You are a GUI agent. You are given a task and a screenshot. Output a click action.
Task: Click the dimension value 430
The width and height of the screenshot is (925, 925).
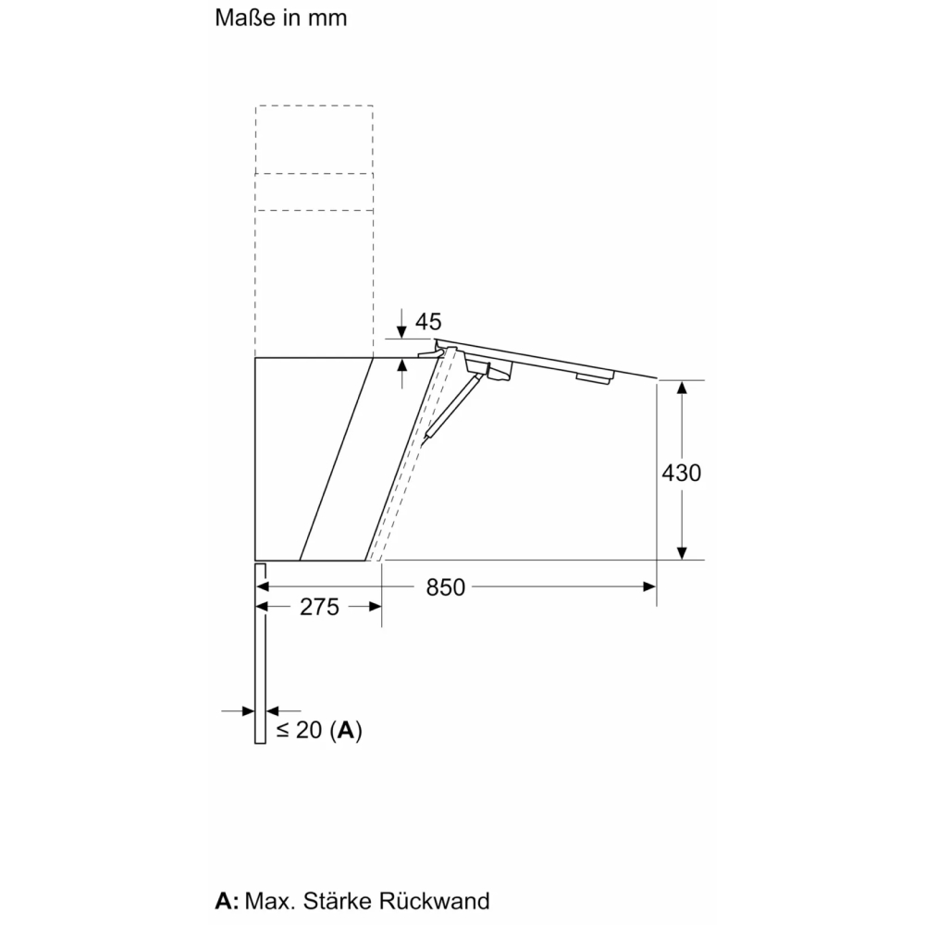tap(682, 473)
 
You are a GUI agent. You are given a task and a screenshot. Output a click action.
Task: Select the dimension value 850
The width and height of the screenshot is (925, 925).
tap(446, 587)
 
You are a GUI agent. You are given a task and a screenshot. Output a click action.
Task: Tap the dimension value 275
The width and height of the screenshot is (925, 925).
tap(319, 607)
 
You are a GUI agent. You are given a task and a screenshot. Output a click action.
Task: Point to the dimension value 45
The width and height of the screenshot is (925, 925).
tap(428, 322)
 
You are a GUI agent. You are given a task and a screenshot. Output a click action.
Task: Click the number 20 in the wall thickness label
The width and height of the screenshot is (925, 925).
tap(309, 731)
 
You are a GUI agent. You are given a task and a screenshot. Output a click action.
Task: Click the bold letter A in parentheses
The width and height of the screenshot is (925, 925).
tap(346, 731)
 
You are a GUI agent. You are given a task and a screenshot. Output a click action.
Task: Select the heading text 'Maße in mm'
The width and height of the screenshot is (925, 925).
tap(281, 18)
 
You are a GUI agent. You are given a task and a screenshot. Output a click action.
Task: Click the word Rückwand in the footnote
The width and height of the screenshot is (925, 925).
tap(434, 901)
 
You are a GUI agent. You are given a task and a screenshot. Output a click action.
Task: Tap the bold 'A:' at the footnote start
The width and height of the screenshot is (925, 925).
tap(228, 901)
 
